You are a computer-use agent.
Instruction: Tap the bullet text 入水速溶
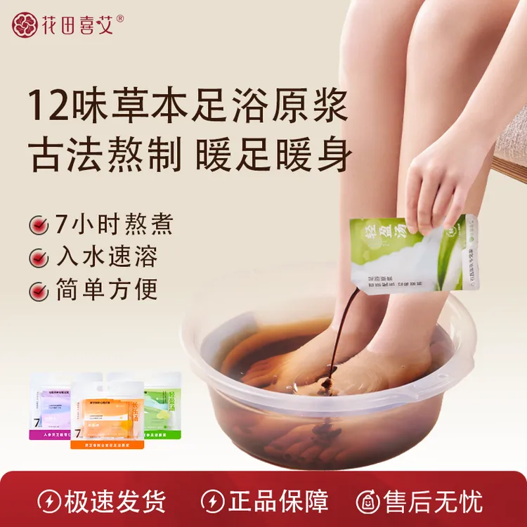pos(107,257)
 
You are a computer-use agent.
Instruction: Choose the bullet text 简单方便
pos(107,289)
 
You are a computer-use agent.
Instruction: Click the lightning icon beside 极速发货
pos(48,501)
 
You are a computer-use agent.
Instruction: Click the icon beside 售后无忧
pos(368,501)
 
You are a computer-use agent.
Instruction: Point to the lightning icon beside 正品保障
pos(212,501)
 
